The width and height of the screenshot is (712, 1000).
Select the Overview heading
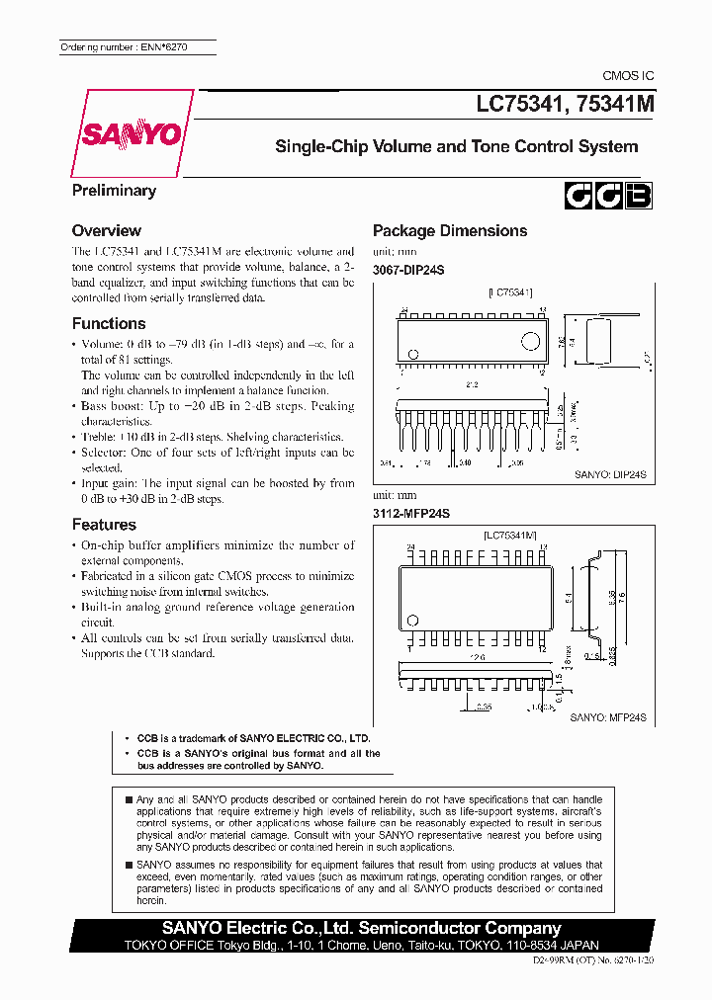[x=107, y=230]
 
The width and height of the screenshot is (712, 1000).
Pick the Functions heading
[x=109, y=323]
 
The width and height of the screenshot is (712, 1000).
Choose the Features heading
[x=104, y=524]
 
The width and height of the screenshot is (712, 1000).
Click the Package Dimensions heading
[x=449, y=230]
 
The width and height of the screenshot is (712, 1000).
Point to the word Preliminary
[x=114, y=190]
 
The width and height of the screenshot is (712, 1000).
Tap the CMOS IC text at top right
[x=628, y=76]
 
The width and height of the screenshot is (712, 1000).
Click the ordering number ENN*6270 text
[x=124, y=46]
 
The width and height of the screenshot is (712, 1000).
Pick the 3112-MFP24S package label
[x=411, y=513]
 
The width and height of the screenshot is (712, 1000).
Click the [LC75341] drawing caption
[x=510, y=292]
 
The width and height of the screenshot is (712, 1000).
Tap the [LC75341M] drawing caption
[x=510, y=535]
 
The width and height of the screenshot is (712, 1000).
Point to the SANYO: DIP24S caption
[x=609, y=474]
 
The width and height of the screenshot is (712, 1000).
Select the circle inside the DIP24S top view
[x=531, y=342]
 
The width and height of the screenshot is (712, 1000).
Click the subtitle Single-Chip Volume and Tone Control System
[x=456, y=146]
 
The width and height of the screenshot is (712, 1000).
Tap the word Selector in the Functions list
[x=103, y=453]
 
